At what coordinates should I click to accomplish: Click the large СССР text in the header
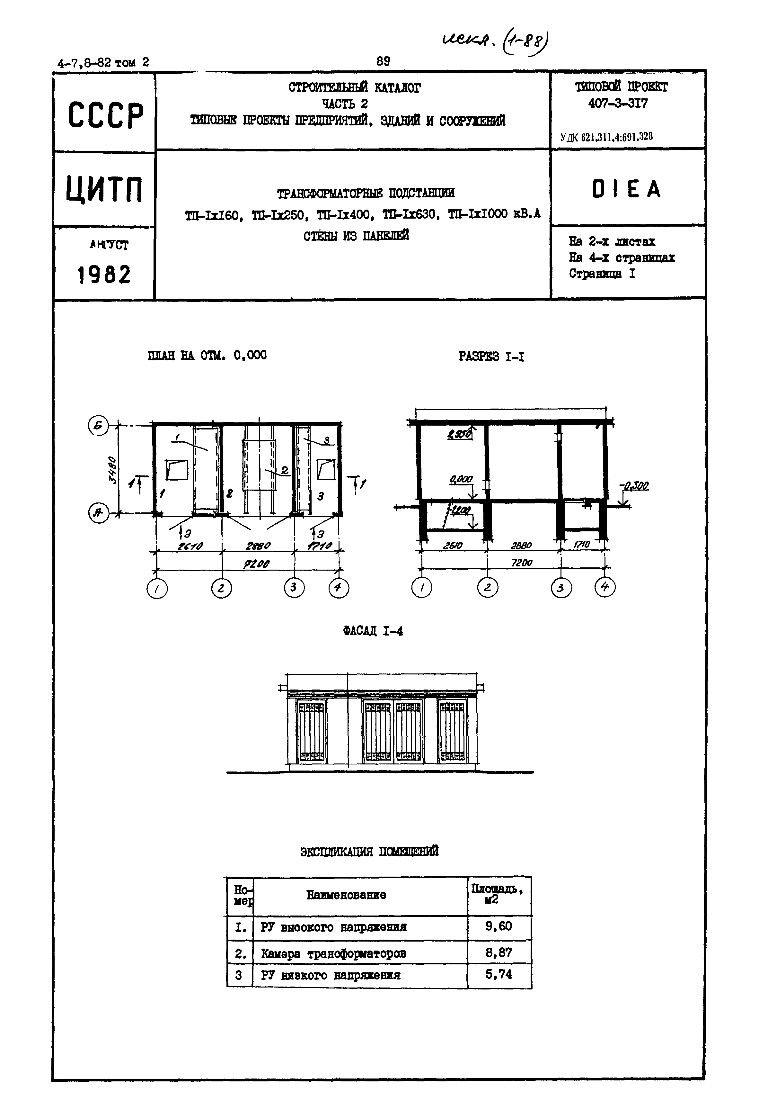105,116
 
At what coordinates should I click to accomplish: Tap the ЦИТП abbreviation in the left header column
104,189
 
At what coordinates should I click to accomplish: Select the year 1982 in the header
104,275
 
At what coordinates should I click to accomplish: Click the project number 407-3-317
617,103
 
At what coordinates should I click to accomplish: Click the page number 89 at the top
383,61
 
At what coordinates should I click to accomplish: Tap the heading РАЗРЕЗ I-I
491,356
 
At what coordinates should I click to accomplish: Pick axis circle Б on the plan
98,425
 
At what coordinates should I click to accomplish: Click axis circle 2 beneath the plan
221,589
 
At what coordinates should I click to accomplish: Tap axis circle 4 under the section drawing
605,587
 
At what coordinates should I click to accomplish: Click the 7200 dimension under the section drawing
522,563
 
